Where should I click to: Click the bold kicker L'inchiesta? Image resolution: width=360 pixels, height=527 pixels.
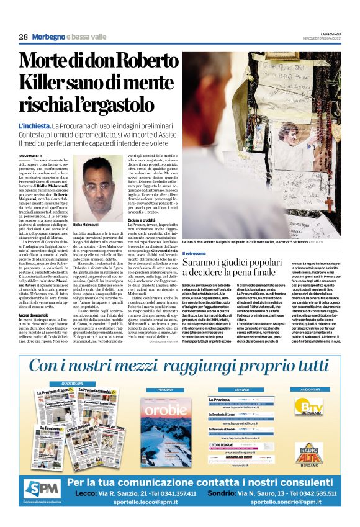(35, 126)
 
